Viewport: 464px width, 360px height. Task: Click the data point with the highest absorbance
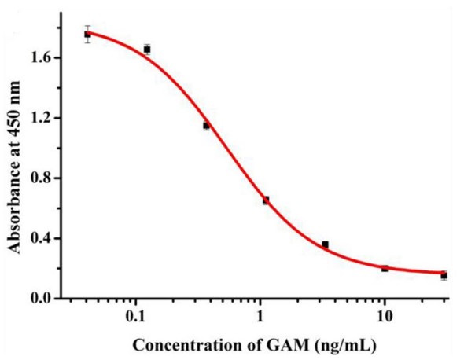(x=87, y=34)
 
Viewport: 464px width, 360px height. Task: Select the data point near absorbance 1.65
(x=146, y=49)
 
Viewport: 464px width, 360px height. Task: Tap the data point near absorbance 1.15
(x=206, y=126)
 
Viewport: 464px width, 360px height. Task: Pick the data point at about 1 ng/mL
(x=266, y=200)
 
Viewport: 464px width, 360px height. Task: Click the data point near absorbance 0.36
(x=326, y=244)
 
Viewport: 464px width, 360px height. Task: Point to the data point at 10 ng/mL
(x=385, y=268)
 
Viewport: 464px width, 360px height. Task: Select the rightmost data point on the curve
(x=444, y=276)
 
